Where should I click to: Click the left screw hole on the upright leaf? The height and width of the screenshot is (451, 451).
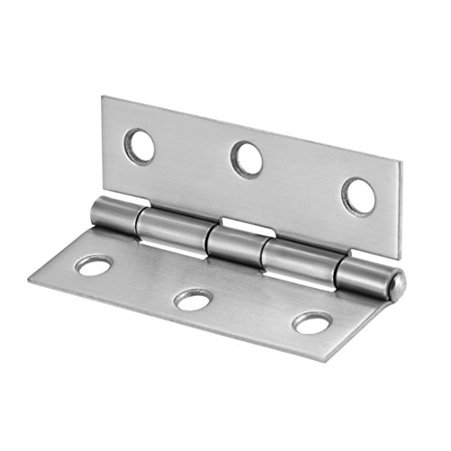(x=140, y=144)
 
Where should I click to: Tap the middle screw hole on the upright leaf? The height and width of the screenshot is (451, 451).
(x=246, y=160)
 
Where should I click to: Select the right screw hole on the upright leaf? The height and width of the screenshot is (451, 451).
(x=358, y=196)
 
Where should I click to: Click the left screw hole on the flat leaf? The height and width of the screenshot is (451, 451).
(x=94, y=265)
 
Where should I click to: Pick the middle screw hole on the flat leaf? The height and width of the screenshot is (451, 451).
(x=193, y=299)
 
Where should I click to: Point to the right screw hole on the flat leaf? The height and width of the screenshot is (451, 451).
(x=311, y=322)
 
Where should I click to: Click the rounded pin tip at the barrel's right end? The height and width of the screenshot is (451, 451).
(x=396, y=284)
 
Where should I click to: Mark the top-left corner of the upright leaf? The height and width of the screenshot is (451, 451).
(x=102, y=97)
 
